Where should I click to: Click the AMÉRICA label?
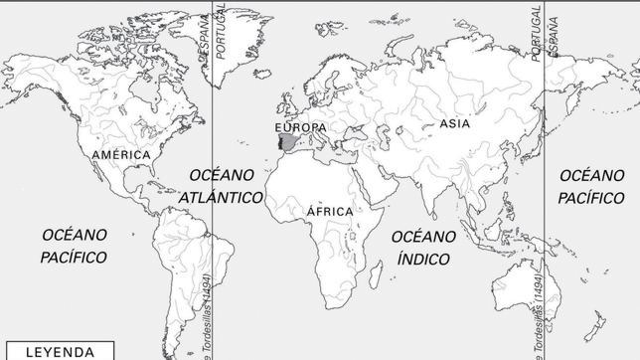tap(120, 156)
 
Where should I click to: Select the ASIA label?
tap(453, 124)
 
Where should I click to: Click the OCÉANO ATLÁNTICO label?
tap(222, 186)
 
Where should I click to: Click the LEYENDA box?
tap(60, 351)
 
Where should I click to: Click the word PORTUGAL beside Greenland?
tap(221, 30)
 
